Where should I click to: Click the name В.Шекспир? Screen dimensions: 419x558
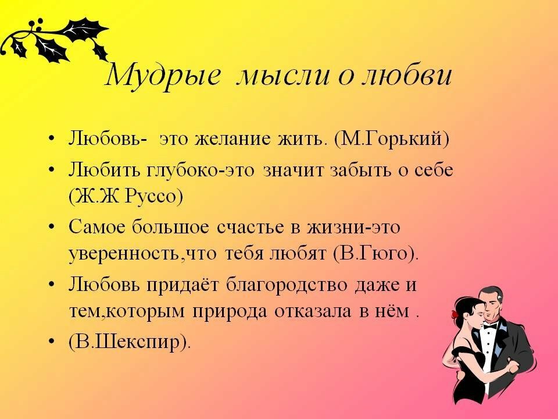[x=130, y=342]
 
